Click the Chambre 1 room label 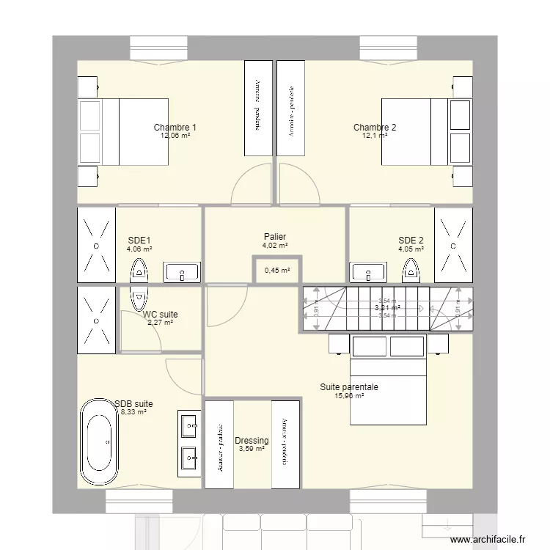(x=175, y=128)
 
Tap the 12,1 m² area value (x=374, y=136)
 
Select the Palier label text (x=275, y=237)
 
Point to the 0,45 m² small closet (x=276, y=270)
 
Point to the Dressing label (x=252, y=441)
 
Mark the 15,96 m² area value (x=348, y=396)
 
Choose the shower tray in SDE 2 (x=453, y=245)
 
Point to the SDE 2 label (x=411, y=240)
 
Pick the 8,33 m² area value (x=133, y=413)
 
